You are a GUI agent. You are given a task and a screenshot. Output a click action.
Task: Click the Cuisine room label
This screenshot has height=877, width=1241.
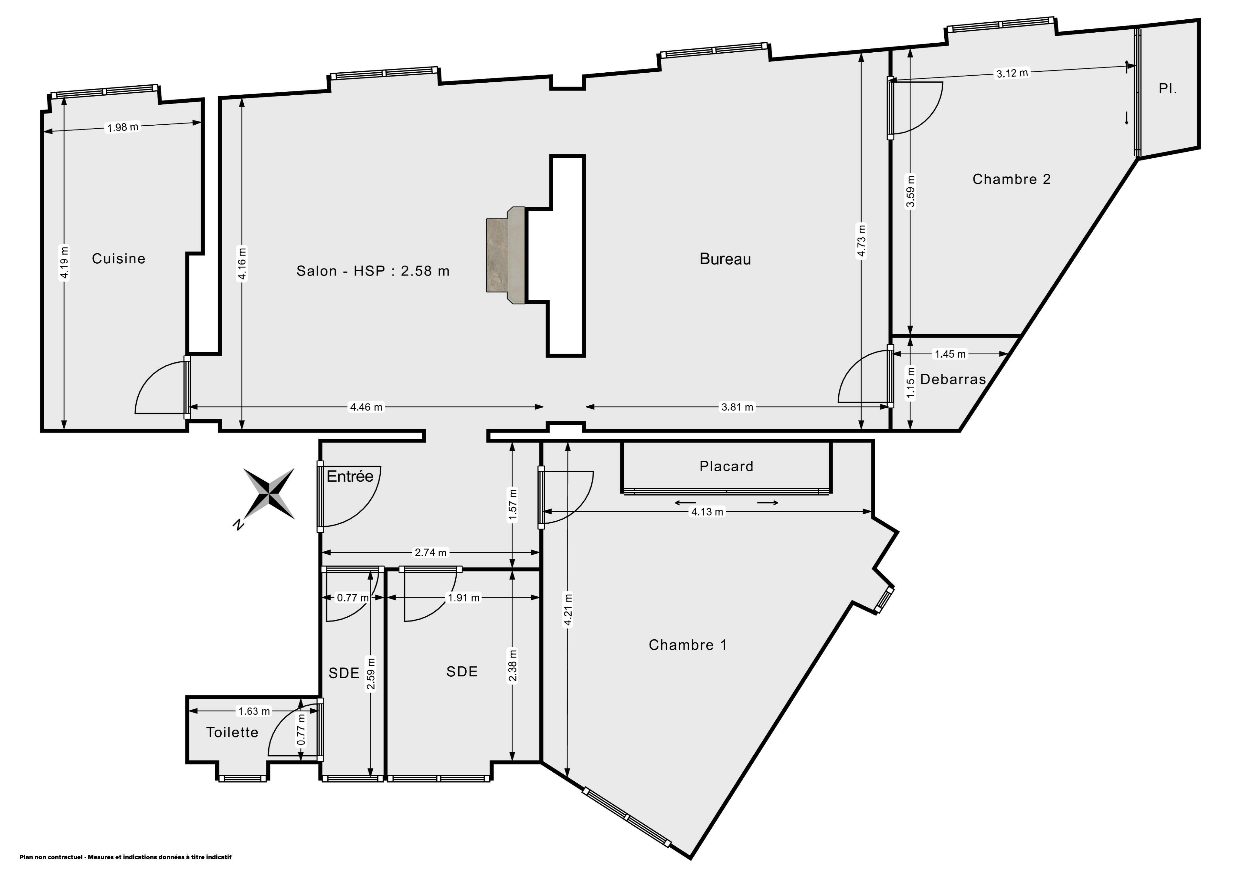click(x=118, y=259)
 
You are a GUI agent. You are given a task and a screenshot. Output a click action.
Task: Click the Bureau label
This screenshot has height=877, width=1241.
click(x=725, y=259)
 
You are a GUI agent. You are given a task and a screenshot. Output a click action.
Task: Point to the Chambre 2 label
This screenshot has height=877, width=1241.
click(x=1011, y=179)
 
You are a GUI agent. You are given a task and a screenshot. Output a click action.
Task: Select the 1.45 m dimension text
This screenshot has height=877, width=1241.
click(x=950, y=354)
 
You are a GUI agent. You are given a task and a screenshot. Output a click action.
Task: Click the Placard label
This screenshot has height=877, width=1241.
click(x=726, y=466)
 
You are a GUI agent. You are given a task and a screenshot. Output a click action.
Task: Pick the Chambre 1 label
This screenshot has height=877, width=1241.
click(x=687, y=645)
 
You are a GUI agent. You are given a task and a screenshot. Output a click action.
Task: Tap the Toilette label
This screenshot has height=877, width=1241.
click(x=232, y=732)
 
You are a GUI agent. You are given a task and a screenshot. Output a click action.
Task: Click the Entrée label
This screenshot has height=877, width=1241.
click(x=350, y=476)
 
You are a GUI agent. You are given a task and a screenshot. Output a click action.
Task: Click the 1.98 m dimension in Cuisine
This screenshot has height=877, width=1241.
click(x=123, y=128)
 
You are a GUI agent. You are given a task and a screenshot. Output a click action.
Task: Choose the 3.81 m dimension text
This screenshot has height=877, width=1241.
click(x=737, y=407)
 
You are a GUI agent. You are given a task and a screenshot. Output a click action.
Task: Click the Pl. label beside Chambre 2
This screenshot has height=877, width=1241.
click(x=1168, y=89)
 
